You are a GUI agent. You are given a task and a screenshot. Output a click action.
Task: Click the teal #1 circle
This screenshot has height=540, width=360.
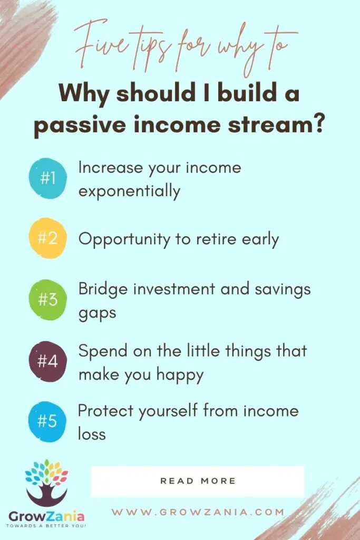(47, 178)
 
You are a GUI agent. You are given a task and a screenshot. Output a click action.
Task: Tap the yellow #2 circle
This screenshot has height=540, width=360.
(47, 238)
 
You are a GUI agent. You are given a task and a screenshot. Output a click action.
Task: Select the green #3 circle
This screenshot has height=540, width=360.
(47, 300)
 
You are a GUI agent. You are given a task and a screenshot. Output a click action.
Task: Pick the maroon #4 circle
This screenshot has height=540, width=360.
(47, 361)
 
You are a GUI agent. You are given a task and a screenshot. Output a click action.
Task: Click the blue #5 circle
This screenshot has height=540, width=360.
(47, 421)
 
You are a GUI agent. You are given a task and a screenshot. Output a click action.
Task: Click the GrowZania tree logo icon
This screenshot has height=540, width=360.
(47, 483)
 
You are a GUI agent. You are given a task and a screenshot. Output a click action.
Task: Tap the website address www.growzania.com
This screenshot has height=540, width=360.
(198, 512)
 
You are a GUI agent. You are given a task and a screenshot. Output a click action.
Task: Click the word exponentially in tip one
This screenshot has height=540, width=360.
(130, 191)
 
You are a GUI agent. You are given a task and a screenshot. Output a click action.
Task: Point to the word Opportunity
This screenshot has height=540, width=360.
(124, 239)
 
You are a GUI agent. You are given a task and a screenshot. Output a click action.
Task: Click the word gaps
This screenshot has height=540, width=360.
(98, 314)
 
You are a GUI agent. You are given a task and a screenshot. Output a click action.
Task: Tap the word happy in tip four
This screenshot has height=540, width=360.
(180, 375)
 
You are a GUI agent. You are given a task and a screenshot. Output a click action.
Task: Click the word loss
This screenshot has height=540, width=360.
(92, 434)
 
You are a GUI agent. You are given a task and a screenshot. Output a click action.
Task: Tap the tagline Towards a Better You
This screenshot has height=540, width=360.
(46, 526)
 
